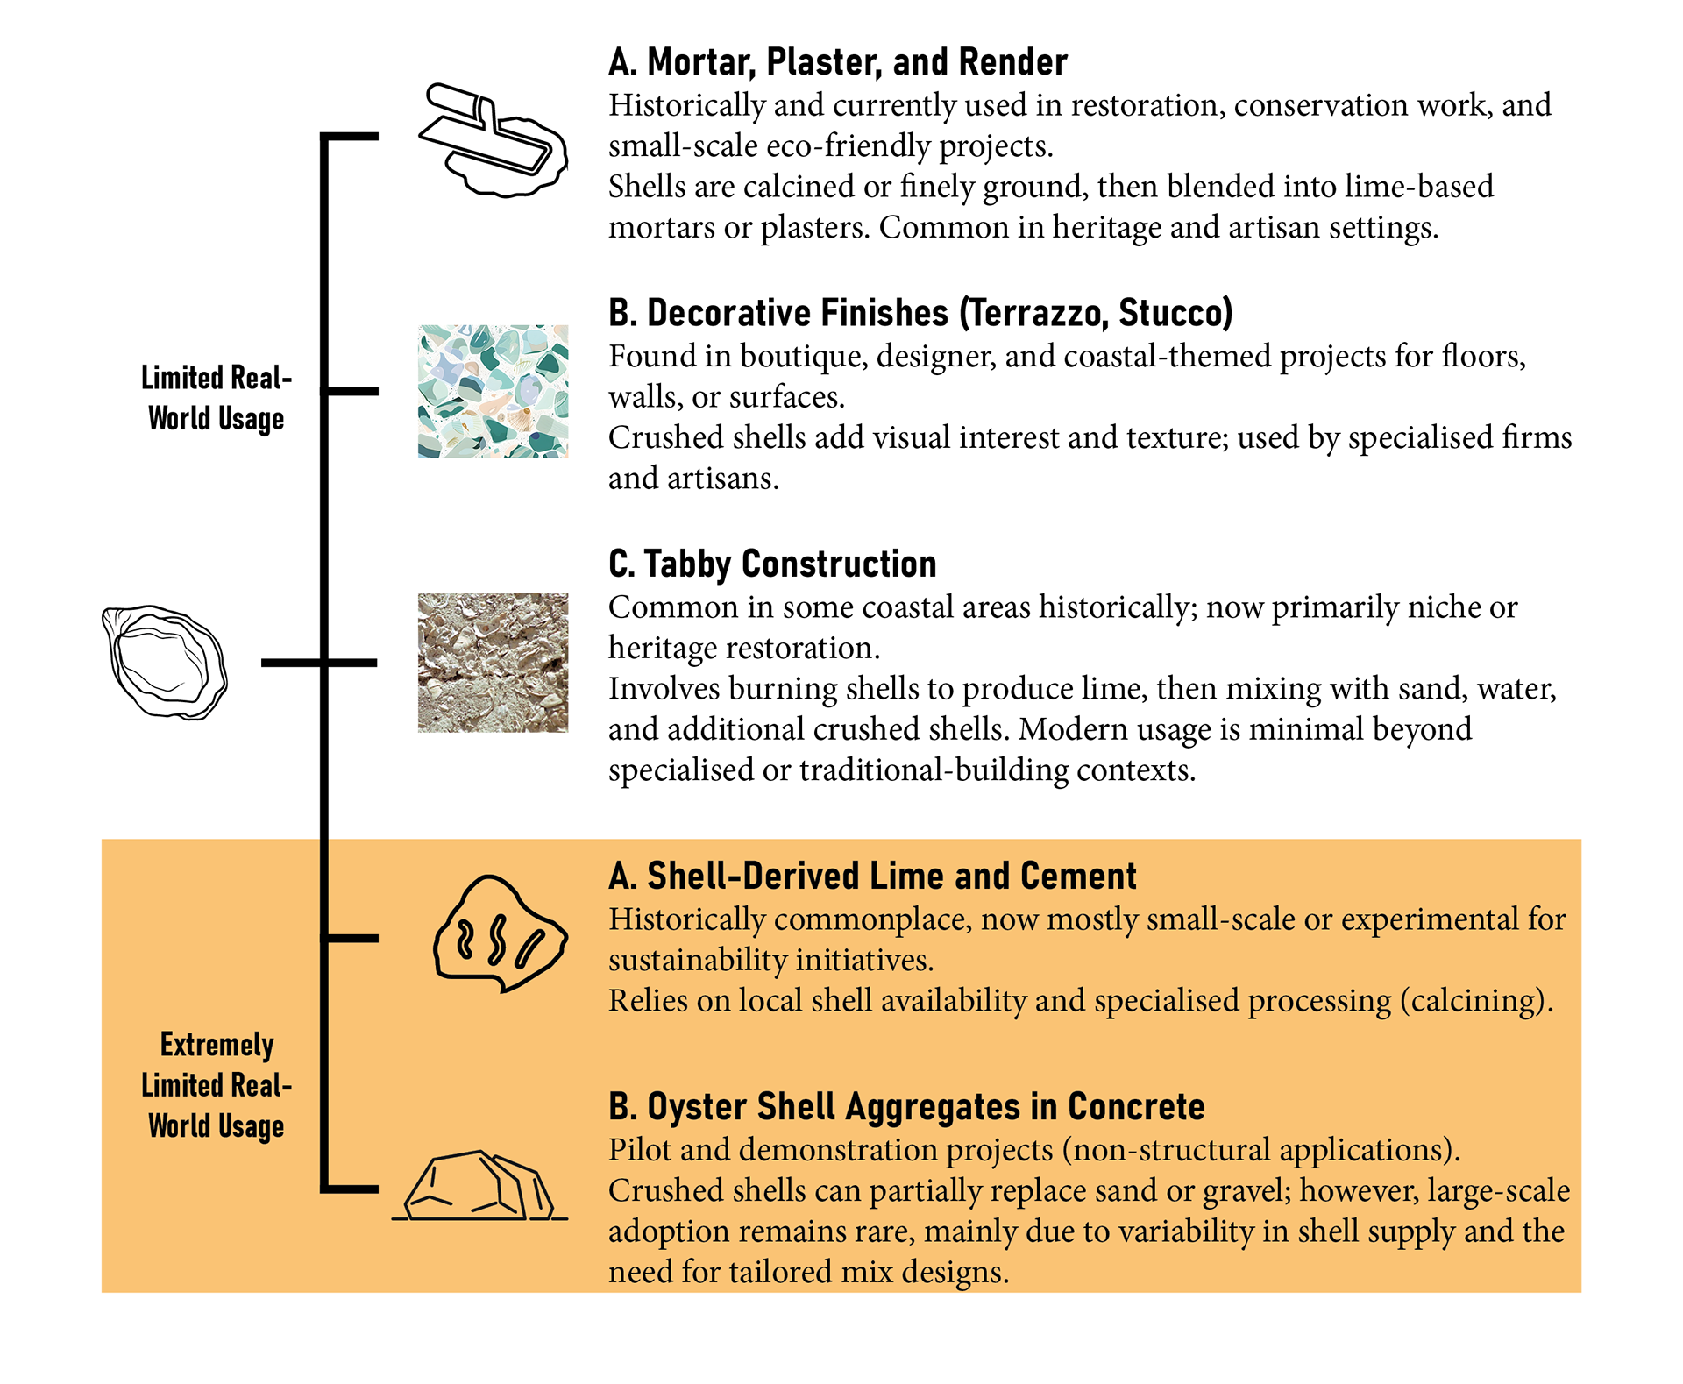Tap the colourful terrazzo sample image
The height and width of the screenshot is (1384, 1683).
[493, 391]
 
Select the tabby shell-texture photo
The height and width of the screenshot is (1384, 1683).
[493, 662]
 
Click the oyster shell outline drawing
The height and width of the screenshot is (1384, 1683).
[165, 663]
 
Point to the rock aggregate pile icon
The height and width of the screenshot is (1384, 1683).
[480, 1187]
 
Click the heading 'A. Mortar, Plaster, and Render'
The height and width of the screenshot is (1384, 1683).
[837, 62]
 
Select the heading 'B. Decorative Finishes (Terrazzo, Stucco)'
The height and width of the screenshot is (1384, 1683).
[920, 313]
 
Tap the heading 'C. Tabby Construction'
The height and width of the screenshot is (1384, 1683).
[772, 564]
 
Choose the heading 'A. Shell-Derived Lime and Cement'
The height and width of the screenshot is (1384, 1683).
[872, 876]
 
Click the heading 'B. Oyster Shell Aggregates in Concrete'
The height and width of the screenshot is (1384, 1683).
[906, 1106]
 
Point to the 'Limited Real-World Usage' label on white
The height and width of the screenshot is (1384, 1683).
[217, 398]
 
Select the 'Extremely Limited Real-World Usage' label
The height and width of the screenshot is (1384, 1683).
[217, 1085]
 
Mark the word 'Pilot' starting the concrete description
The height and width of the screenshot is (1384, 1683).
[638, 1149]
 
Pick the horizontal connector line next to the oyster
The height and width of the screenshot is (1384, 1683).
[293, 663]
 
